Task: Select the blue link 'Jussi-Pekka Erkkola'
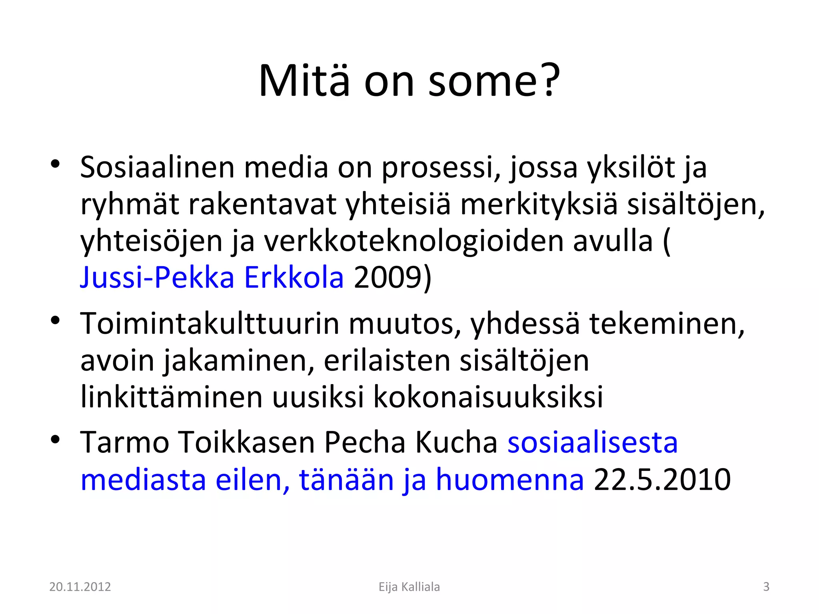212,277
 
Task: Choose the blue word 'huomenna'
509,479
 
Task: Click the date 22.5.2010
662,479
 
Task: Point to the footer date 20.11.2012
80,587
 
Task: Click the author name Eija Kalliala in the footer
409,587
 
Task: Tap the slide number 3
766,587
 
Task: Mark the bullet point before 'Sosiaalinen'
55,164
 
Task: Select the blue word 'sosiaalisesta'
593,443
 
